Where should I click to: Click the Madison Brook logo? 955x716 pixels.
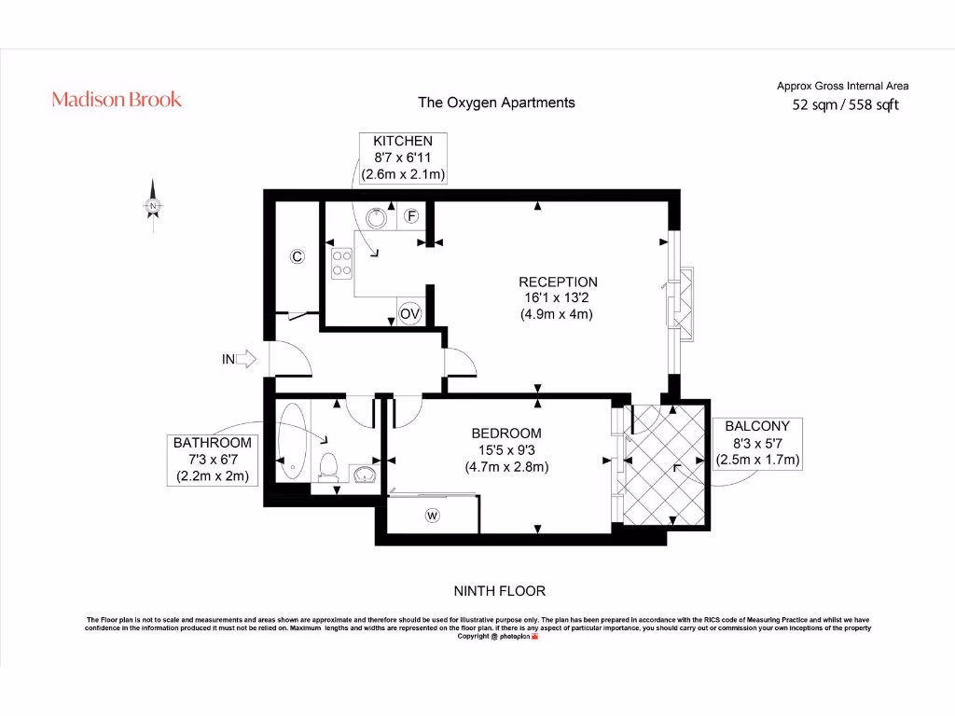tap(117, 99)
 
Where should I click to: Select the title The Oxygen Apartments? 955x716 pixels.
tap(496, 103)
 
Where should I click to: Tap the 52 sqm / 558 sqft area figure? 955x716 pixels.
tap(845, 105)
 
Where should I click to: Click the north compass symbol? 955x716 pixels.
tap(153, 204)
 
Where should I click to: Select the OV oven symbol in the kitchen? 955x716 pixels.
tap(410, 315)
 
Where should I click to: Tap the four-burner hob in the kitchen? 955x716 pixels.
tap(340, 260)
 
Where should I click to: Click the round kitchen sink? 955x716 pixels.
tap(378, 216)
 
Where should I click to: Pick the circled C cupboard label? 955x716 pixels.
tap(298, 256)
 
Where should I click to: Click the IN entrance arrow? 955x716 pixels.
tap(238, 359)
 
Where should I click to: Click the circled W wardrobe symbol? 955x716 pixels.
tap(432, 516)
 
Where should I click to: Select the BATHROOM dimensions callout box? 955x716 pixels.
tap(212, 459)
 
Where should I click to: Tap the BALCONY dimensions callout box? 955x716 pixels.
tap(757, 443)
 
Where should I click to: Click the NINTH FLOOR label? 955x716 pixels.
tap(499, 591)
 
